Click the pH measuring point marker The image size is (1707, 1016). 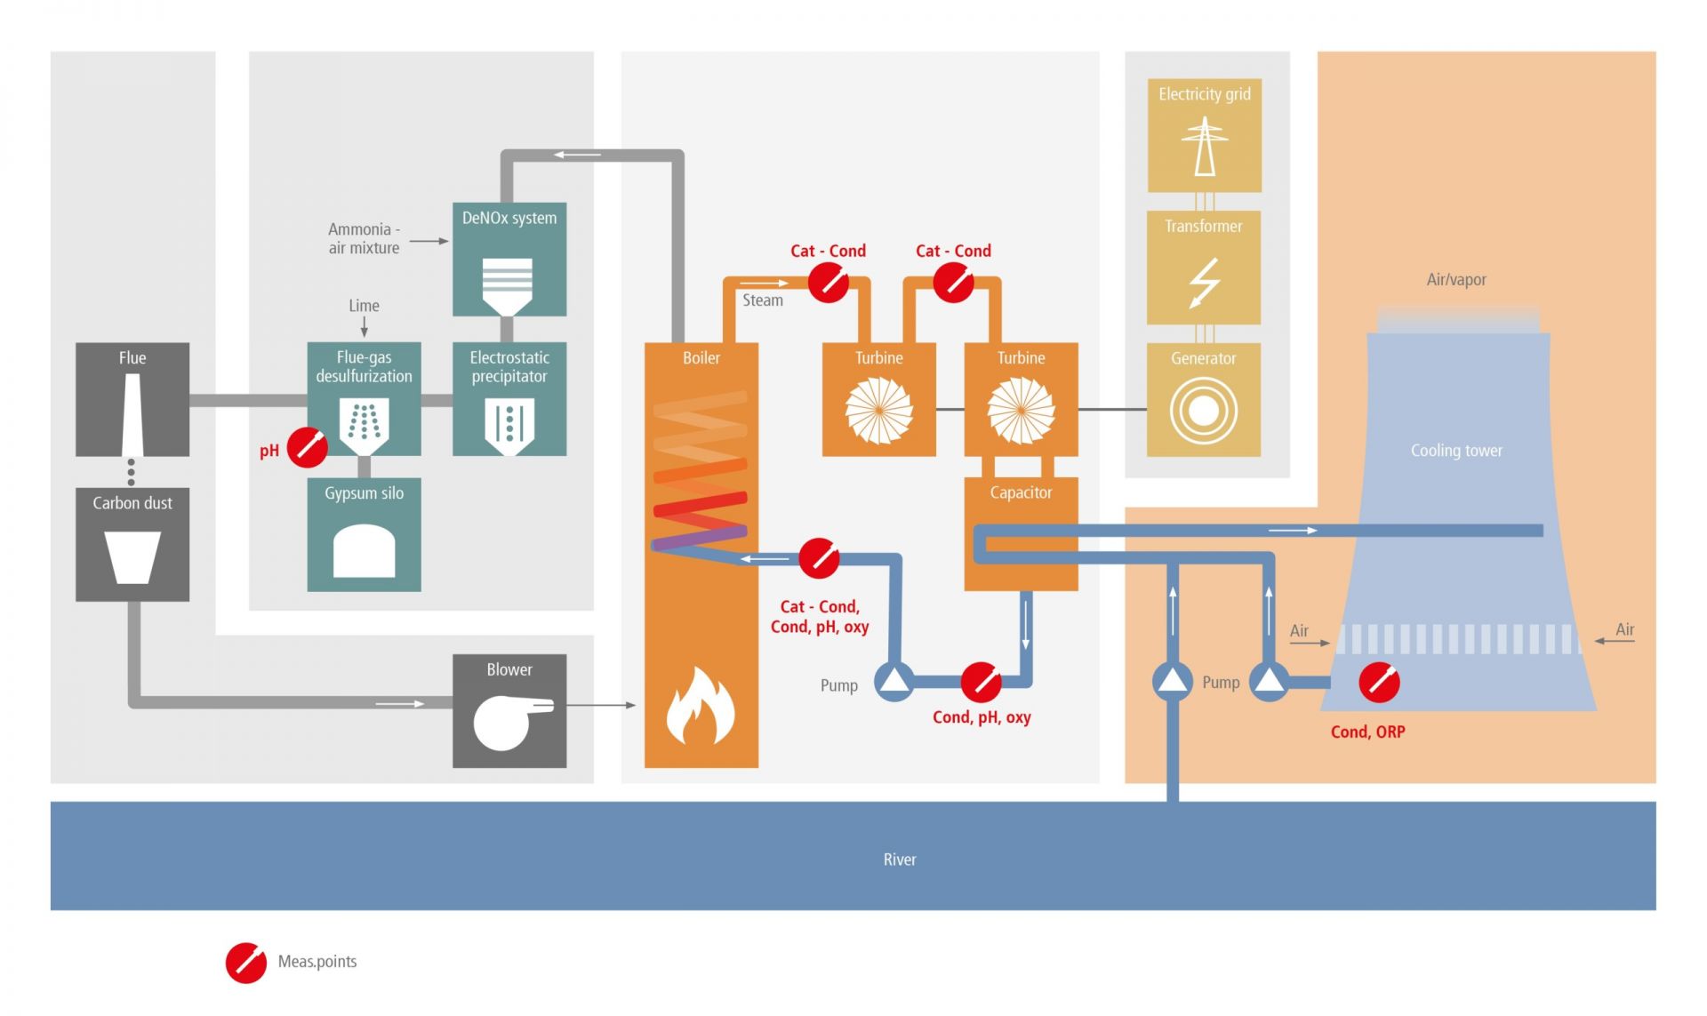307,447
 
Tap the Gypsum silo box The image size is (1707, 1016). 364,534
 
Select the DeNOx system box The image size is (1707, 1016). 509,259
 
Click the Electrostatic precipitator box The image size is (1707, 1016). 509,399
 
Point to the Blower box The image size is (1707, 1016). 509,710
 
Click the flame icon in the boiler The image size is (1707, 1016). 701,706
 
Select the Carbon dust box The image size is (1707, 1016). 132,543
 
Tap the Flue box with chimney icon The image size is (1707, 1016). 132,399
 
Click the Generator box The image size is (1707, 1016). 1203,399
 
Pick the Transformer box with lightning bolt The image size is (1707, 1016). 1203,267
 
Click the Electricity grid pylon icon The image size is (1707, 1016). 1204,147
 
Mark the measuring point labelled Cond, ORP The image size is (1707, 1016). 1379,683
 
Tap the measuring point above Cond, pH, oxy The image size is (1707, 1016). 981,683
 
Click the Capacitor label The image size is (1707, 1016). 1021,492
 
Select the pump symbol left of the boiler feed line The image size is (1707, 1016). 894,682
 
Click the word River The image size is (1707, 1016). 899,860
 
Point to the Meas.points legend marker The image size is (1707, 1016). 245,963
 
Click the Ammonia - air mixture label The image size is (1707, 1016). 364,238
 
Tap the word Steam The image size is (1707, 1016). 763,300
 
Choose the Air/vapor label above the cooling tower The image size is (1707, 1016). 1455,279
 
